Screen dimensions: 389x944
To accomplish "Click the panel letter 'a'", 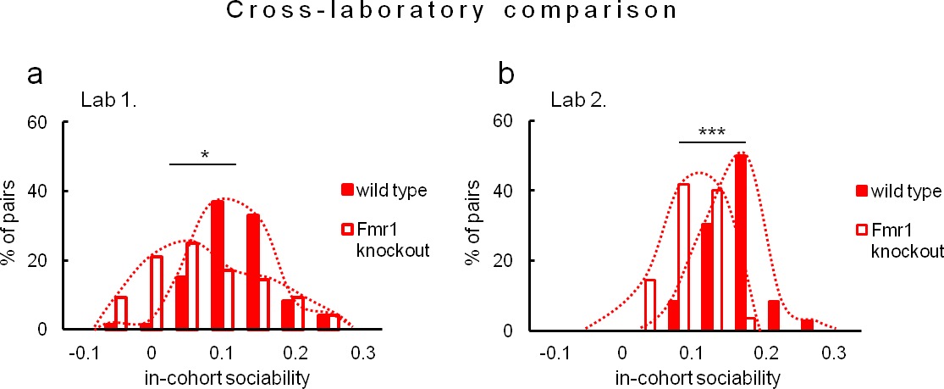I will click(x=36, y=76).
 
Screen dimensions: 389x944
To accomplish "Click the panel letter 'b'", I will click(x=506, y=76).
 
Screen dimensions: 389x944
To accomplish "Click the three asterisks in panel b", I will click(x=712, y=133).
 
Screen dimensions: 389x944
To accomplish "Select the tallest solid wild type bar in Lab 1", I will click(x=218, y=265).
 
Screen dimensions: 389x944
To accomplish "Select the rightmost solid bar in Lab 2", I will click(x=807, y=325).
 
